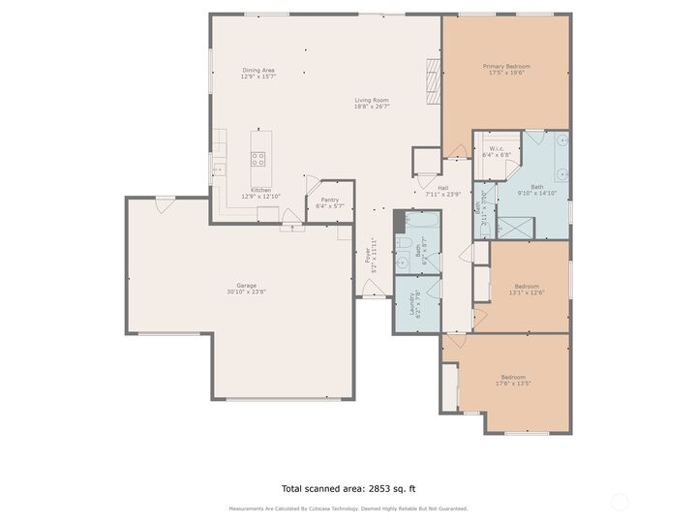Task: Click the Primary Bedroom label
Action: pos(506,67)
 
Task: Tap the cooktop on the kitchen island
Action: pos(258,159)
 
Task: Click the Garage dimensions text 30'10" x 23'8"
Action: pos(241,292)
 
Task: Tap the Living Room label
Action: pos(372,100)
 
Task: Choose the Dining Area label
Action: pos(258,70)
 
